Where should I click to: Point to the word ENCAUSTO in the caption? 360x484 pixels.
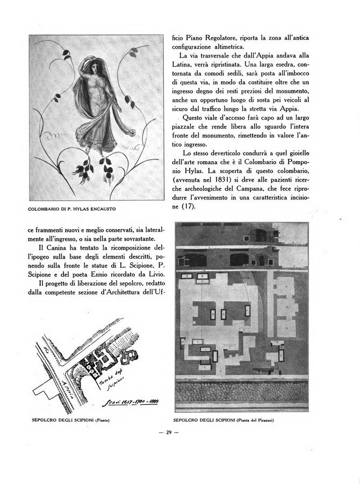point(103,208)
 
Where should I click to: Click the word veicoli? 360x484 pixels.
point(292,99)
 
